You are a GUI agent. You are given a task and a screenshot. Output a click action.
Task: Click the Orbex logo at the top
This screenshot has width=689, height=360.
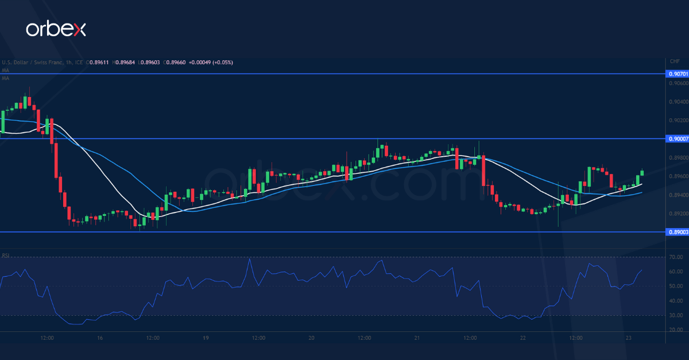click(56, 29)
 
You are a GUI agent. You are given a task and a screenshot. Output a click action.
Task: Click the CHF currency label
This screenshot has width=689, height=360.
click(675, 61)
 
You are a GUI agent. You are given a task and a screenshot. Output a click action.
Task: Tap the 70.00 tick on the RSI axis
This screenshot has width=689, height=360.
click(676, 257)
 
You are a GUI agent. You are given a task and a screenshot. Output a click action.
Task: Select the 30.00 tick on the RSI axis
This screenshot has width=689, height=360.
click(676, 315)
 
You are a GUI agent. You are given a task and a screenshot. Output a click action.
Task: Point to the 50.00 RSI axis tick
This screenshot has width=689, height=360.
click(676, 286)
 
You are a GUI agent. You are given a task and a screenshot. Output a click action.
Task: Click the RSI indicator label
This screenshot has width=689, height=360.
click(5, 255)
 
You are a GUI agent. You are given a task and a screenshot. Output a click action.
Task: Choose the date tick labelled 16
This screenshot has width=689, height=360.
click(100, 338)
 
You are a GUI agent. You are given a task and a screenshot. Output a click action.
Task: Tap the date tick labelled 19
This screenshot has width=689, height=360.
click(206, 338)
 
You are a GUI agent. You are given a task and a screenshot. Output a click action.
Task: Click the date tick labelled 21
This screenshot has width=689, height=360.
click(417, 338)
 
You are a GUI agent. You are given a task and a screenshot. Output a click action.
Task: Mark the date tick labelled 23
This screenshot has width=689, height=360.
click(628, 338)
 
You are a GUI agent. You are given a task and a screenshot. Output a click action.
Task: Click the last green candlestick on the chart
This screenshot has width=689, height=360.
click(641, 172)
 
